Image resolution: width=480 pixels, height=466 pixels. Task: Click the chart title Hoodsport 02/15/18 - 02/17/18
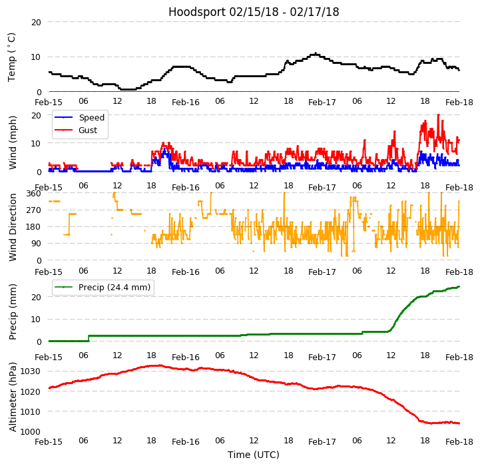[x=254, y=12]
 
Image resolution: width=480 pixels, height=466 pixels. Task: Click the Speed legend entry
[x=91, y=118]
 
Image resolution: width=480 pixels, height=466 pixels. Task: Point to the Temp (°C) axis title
[x=12, y=57]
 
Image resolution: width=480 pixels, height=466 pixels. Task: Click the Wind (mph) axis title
[x=13, y=142]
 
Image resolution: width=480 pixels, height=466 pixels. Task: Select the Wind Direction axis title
[x=13, y=227]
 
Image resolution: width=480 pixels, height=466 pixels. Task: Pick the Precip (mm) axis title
[x=13, y=312]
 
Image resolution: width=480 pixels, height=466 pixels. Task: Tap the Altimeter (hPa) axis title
[x=13, y=397]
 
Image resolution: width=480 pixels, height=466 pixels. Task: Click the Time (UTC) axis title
[x=254, y=455]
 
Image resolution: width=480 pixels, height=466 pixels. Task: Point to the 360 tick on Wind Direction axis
[x=33, y=194]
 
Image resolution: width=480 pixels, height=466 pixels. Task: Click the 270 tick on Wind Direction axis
[x=33, y=210]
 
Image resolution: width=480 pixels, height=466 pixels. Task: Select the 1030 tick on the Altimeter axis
[x=30, y=371]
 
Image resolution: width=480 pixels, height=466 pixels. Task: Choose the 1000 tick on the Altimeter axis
[x=30, y=431]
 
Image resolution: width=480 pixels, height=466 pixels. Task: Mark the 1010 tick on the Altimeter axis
[x=30, y=411]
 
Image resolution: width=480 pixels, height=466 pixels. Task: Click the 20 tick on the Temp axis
[x=36, y=22]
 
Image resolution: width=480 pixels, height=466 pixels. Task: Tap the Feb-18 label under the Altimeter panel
[x=459, y=442]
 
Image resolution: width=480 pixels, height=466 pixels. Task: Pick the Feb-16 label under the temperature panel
[x=186, y=103]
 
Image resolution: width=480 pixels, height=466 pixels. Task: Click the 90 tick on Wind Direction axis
[x=36, y=244]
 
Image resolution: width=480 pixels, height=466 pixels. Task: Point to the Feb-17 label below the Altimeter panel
[x=322, y=442]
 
